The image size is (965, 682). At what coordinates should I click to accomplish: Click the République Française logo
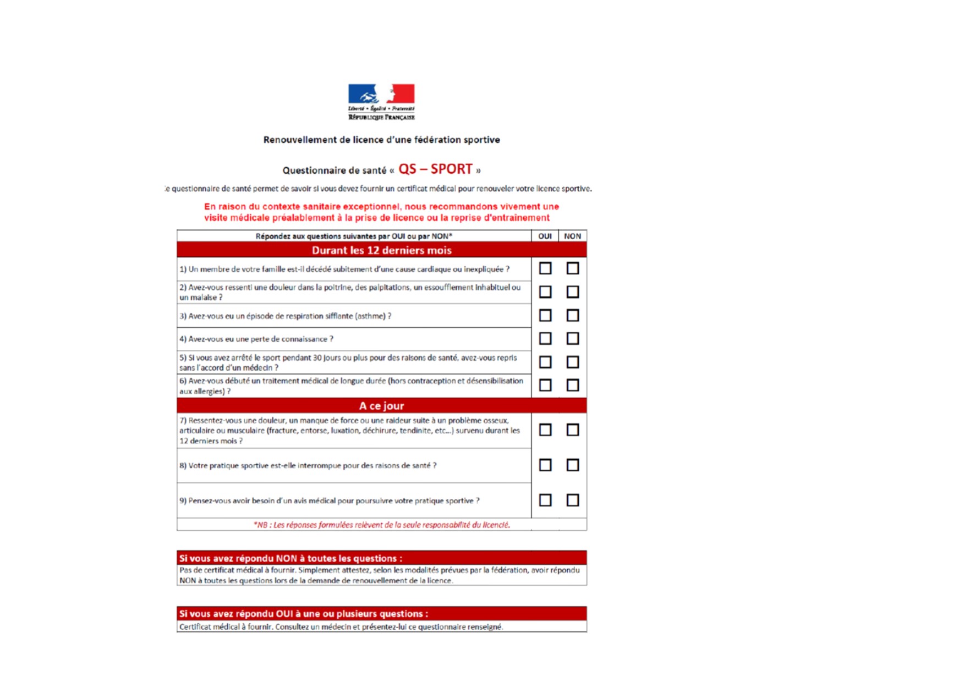381,102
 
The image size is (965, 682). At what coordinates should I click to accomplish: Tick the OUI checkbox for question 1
545,268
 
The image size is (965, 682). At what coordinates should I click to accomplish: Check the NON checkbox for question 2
573,291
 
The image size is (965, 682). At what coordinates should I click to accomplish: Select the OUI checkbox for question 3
545,316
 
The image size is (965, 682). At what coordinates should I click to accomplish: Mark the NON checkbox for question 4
573,338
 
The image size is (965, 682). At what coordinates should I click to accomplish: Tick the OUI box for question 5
545,362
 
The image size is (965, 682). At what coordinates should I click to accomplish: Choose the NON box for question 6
573,385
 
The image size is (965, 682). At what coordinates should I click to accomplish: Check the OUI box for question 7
545,430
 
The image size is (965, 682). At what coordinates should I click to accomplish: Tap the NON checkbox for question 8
573,465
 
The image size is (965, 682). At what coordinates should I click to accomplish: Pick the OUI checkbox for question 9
545,500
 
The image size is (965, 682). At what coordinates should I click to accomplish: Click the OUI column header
545,236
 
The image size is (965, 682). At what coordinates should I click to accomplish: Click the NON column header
572,236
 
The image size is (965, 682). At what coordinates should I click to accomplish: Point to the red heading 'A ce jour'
381,406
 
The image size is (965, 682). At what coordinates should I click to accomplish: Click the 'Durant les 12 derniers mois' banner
381,250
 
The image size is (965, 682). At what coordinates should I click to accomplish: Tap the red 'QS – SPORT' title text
435,169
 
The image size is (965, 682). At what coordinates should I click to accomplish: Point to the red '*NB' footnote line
381,525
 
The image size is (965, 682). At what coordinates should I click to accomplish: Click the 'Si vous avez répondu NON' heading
290,558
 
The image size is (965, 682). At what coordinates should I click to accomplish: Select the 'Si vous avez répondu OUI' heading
303,614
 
